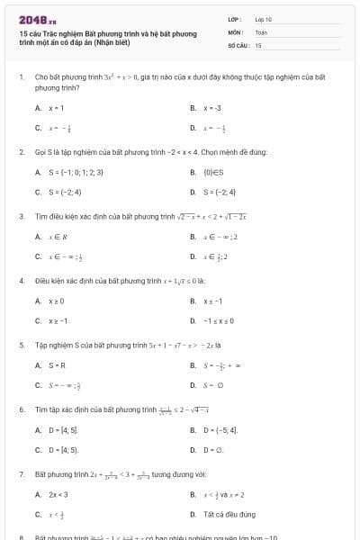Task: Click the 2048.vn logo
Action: [39, 19]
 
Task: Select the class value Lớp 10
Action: [264, 18]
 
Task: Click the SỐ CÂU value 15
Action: [258, 44]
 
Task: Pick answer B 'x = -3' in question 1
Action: [212, 107]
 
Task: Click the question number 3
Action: [21, 216]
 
